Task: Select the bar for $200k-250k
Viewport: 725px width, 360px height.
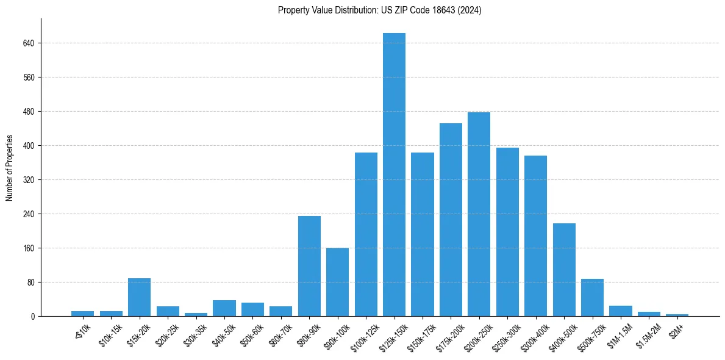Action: (479, 214)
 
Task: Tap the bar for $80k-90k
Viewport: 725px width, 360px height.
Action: (309, 266)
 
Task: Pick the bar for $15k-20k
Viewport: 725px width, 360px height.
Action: (139, 297)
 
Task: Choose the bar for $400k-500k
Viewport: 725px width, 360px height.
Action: (564, 270)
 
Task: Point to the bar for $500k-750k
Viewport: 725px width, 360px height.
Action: (592, 298)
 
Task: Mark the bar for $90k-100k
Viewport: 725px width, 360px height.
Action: (337, 282)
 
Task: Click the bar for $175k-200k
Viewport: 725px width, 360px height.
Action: (451, 220)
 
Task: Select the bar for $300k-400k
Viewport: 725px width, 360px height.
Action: (535, 236)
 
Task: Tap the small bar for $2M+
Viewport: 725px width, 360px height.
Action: (677, 315)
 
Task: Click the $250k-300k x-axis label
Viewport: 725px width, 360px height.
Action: (504, 336)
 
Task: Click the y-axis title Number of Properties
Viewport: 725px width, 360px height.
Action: (9, 168)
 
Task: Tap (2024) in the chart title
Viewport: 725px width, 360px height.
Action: (470, 10)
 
